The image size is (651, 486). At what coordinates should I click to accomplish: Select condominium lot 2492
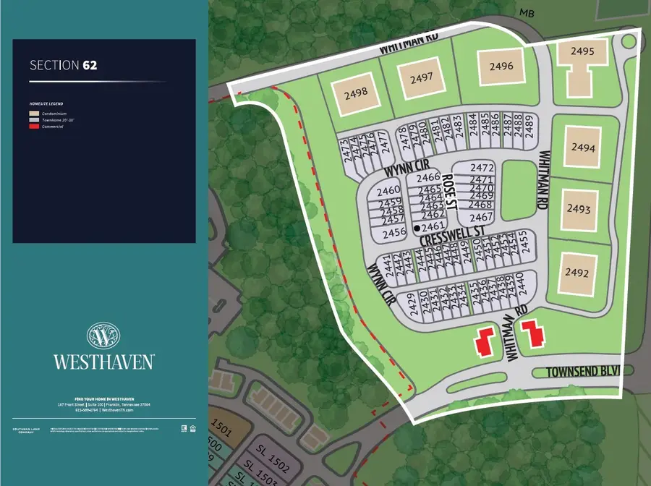click(578, 273)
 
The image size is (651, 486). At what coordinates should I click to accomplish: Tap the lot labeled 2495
click(582, 52)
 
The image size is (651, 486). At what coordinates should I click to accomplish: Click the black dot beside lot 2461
click(417, 228)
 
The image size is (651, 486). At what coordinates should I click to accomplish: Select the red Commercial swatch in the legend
click(33, 127)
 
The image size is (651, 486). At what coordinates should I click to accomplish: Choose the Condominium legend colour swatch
click(33, 114)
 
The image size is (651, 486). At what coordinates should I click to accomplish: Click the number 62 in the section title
click(90, 65)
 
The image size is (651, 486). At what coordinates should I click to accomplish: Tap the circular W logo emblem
click(103, 336)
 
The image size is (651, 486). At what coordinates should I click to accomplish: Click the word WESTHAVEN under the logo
click(103, 361)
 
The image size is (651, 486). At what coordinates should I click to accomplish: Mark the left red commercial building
click(483, 340)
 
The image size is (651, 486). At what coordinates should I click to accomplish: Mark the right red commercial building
click(535, 335)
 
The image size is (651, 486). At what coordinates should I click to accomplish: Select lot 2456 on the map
click(394, 233)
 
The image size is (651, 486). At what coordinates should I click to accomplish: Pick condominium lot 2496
click(501, 67)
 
